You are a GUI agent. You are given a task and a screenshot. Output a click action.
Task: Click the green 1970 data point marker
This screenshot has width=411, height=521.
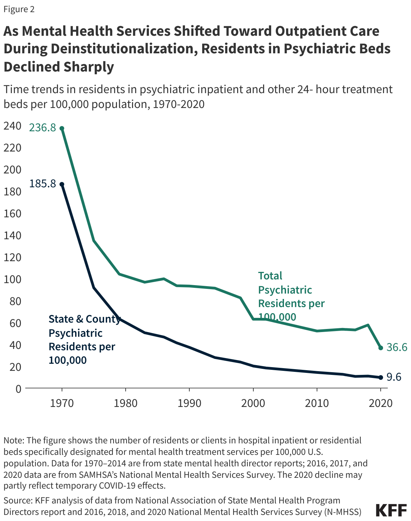coord(62,128)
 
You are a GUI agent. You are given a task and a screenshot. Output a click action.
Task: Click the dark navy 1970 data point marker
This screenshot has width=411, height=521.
coord(62,184)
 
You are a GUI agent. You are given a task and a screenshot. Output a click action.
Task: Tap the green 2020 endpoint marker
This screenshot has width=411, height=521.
coord(381,348)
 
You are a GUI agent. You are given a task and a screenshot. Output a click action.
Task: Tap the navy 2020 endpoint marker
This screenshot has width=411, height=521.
coord(381,377)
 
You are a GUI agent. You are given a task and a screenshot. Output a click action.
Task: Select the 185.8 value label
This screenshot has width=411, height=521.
coord(42,184)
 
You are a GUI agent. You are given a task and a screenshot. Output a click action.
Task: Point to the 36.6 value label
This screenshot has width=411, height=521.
coord(397,347)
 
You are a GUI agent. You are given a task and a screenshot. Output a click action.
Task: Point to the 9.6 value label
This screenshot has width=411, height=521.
coord(393,377)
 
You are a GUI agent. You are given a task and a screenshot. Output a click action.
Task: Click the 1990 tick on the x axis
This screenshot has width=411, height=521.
coord(189,403)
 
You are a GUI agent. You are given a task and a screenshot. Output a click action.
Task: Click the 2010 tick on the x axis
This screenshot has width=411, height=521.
coord(317,403)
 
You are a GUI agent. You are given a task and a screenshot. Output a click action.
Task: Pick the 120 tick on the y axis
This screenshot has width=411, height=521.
coord(12,257)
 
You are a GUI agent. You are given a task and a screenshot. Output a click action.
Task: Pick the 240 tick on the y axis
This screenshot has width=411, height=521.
coord(12,126)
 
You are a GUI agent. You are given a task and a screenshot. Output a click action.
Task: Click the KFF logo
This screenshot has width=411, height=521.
coord(391,510)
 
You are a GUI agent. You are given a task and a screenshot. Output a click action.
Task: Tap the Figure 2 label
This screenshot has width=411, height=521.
coord(19,9)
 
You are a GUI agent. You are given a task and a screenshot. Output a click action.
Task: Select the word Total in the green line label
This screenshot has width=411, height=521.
coord(270,276)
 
